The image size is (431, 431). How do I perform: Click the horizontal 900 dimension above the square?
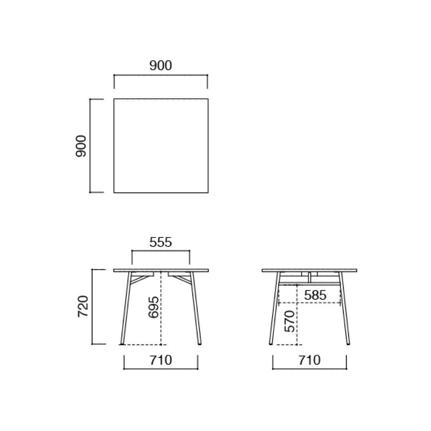click(x=160, y=65)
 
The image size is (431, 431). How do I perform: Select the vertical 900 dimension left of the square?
click(x=81, y=146)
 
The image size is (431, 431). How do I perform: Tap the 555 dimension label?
click(x=160, y=242)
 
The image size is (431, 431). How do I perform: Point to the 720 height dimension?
click(x=83, y=306)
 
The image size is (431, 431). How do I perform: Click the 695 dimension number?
click(x=153, y=307)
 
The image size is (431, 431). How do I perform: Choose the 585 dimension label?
click(x=315, y=295)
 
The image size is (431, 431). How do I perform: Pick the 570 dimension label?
click(x=290, y=321)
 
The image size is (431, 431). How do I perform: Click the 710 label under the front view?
click(x=161, y=360)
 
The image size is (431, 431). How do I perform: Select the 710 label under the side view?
click(x=309, y=360)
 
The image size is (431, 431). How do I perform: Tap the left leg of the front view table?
click(x=126, y=308)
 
